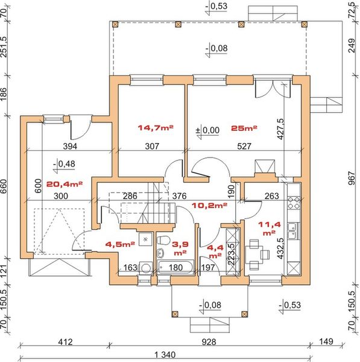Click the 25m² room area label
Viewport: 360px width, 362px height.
tap(244, 128)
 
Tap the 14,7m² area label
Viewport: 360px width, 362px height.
tap(156, 127)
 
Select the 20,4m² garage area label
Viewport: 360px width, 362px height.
tap(65, 184)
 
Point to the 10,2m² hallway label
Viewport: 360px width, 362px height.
tap(209, 205)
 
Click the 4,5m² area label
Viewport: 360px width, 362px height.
tap(120, 244)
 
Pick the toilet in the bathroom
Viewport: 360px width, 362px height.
tap(163, 240)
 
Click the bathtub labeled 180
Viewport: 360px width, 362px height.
tap(175, 267)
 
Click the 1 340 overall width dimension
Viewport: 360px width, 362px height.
tap(165, 354)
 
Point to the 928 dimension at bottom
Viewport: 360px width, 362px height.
tap(209, 341)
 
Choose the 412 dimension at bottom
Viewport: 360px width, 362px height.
tap(65, 341)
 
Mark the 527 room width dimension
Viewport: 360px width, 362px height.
tap(244, 146)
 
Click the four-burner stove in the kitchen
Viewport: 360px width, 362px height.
tap(294, 203)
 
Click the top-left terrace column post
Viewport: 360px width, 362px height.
tap(115, 24)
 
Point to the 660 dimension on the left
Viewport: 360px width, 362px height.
tap(4, 186)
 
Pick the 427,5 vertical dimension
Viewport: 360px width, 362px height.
tap(280, 129)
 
